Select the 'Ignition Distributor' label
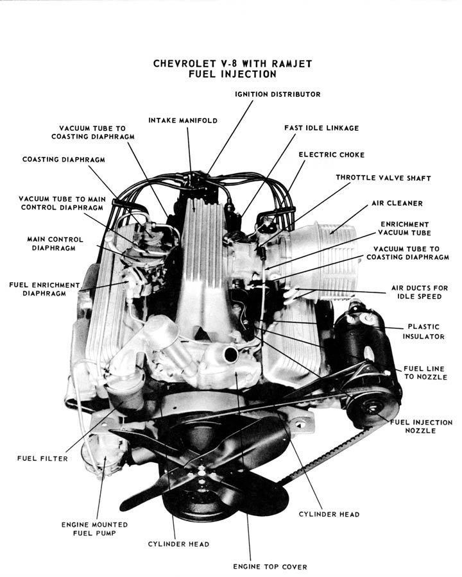[277, 94]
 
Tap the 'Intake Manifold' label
[183, 120]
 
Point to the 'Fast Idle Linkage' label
[321, 128]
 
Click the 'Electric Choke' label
[331, 155]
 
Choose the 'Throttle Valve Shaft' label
[383, 178]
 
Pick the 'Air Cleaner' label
[397, 203]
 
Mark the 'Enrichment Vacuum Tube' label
[404, 228]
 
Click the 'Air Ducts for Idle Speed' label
[420, 292]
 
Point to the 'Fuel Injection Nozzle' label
[420, 426]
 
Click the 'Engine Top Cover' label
[269, 566]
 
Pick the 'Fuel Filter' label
[42, 458]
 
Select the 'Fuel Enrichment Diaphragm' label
[44, 288]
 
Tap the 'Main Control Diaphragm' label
[51, 243]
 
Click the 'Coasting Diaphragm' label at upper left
[64, 159]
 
